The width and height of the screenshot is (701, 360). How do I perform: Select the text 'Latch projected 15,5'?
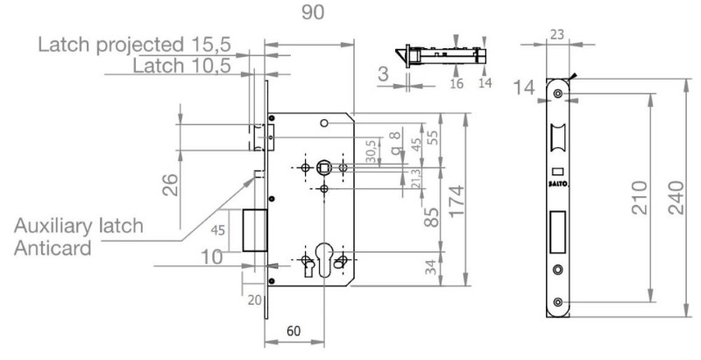[x=134, y=45]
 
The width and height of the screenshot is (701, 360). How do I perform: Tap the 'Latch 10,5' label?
[x=181, y=66]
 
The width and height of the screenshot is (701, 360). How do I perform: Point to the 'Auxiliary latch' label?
[x=79, y=226]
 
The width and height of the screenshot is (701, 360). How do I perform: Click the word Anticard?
[x=54, y=247]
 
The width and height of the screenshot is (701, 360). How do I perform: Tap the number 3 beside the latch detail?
[x=383, y=74]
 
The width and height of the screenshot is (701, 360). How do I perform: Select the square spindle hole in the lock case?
[x=324, y=166]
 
